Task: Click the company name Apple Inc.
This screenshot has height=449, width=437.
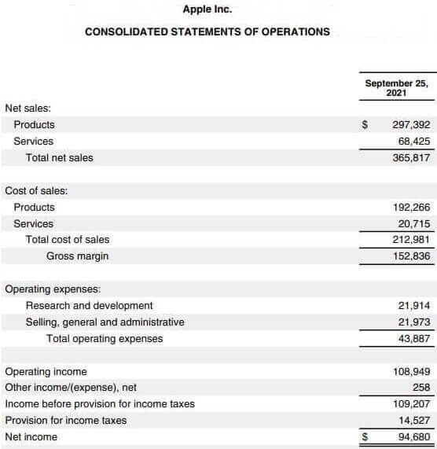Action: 207,10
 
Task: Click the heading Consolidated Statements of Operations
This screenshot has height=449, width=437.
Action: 207,32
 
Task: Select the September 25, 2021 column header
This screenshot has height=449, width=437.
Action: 396,87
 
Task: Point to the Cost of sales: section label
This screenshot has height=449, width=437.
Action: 36,190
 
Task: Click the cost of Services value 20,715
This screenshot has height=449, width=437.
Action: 413,224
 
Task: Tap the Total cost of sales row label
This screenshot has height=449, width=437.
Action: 68,240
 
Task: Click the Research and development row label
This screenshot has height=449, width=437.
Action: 89,305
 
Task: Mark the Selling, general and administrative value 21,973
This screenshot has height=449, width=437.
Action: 413,322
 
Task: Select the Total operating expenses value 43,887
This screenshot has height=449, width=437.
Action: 413,339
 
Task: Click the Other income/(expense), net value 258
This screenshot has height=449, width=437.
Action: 420,388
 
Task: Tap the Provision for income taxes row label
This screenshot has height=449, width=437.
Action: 65,421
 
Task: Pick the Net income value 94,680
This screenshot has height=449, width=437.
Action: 413,437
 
